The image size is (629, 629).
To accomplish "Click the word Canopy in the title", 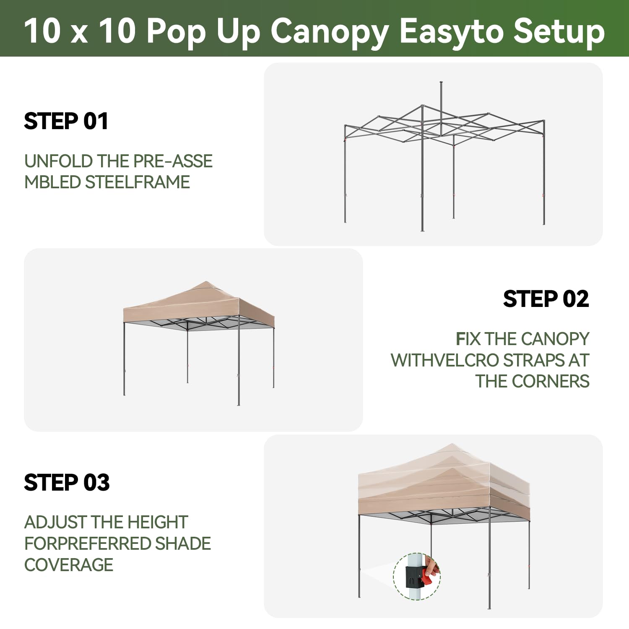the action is tap(330, 32).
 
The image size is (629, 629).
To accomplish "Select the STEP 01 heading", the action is tap(66, 121).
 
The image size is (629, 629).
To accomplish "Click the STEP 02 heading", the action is tap(546, 299).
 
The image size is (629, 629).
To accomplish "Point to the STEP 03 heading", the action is tap(67, 482).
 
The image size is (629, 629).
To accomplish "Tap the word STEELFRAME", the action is tap(138, 182).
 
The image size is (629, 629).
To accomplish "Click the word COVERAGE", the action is tap(69, 565).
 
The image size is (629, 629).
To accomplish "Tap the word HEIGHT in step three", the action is tap(158, 522).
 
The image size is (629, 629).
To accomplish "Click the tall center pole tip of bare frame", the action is tap(441, 83).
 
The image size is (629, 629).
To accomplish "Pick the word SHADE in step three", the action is tap(183, 544).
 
